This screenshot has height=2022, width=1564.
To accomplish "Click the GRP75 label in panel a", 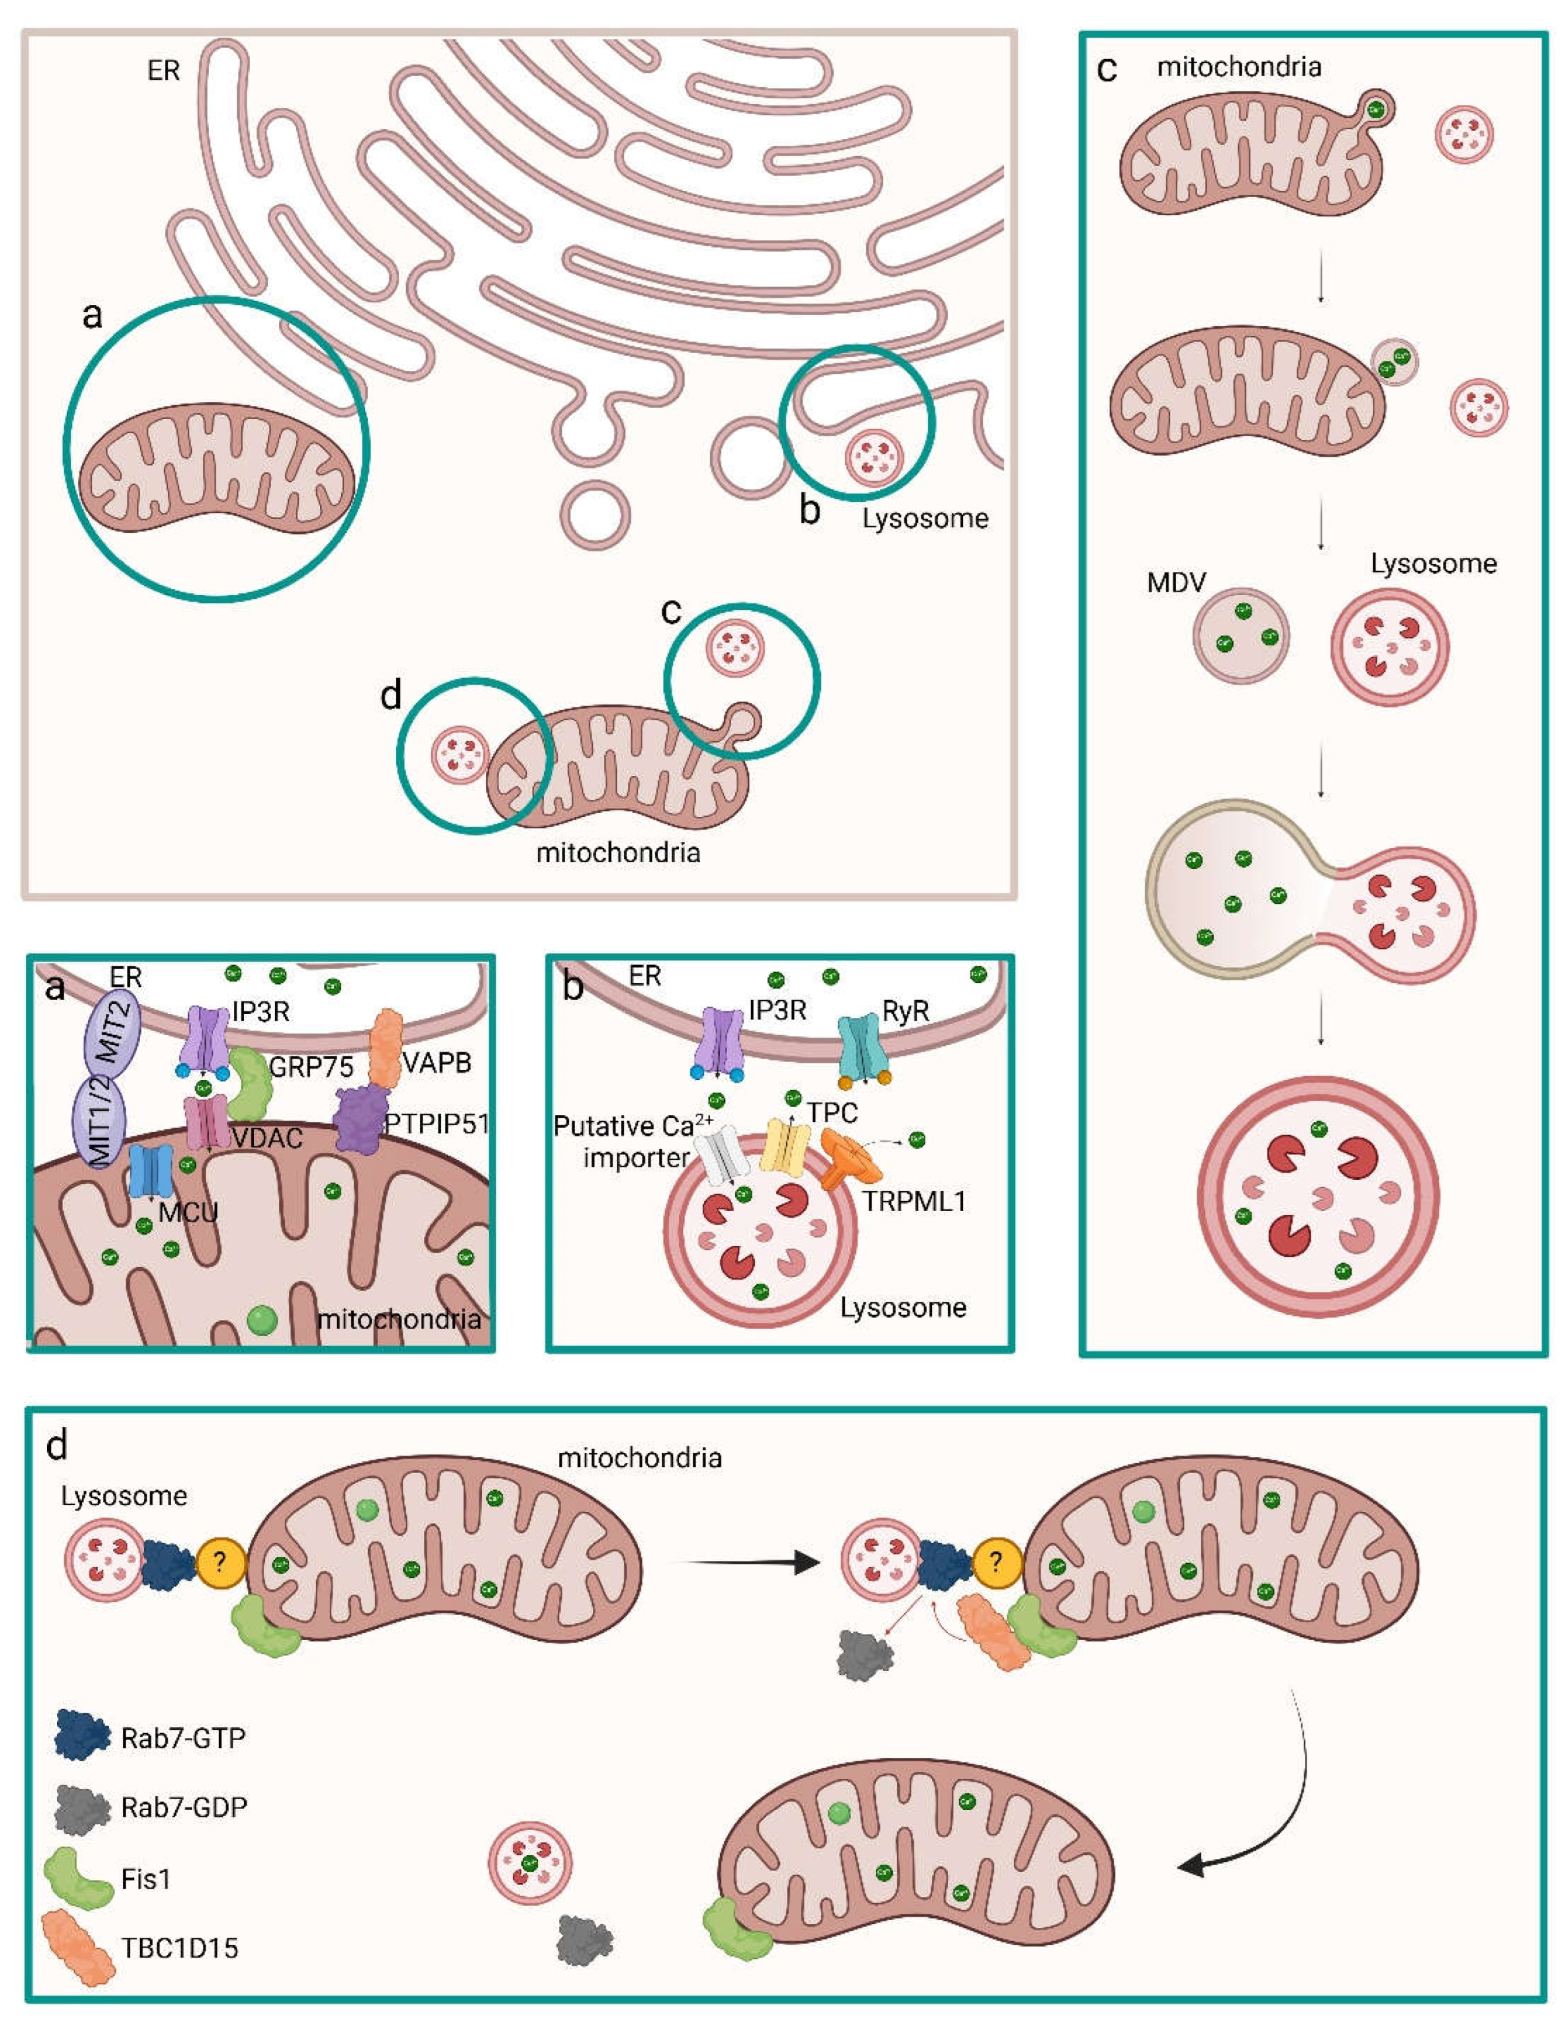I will pyautogui.click(x=311, y=1067).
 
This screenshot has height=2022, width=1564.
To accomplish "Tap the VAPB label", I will pyautogui.click(x=436, y=1062).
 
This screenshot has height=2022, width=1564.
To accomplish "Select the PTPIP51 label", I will pyautogui.click(x=436, y=1124).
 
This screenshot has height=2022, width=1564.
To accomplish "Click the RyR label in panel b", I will pyautogui.click(x=905, y=1012).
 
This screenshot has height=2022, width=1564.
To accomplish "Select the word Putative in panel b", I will pyautogui.click(x=603, y=1127).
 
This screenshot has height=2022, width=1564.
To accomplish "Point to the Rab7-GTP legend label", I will pyautogui.click(x=183, y=1739).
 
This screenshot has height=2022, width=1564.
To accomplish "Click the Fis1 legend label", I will pyautogui.click(x=145, y=1880).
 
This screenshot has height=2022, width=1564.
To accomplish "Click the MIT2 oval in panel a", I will pyautogui.click(x=112, y=1035).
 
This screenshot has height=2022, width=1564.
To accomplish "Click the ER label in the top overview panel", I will pyautogui.click(x=163, y=71).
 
